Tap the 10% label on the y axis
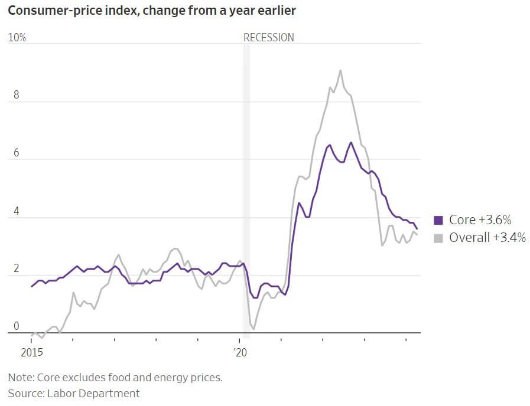(x=18, y=38)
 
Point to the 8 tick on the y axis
(x=17, y=96)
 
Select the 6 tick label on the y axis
(x=17, y=153)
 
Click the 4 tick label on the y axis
(x=17, y=211)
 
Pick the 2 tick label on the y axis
(x=17, y=269)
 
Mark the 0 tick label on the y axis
(x=17, y=326)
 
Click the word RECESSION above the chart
(x=269, y=38)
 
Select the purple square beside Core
(x=438, y=220)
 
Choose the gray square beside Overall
(x=438, y=238)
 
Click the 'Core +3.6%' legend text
(x=480, y=220)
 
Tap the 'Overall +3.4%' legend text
(x=487, y=238)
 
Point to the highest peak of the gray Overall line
(x=340, y=70)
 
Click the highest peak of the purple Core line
(x=351, y=142)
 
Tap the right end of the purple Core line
(x=417, y=229)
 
